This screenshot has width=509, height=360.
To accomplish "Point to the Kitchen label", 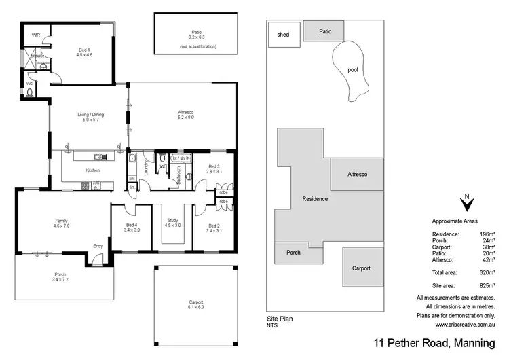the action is click(92, 170).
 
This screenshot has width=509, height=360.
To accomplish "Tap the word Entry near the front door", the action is click(98, 246).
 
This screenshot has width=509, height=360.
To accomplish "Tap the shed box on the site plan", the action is click(283, 35).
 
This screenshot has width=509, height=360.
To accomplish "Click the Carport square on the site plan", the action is click(361, 268).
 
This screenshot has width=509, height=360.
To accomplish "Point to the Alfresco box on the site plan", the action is click(358, 175).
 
